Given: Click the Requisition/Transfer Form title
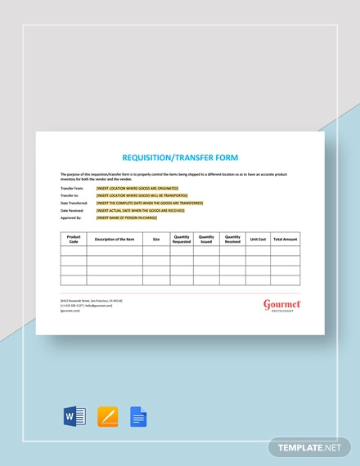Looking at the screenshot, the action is (x=179, y=158).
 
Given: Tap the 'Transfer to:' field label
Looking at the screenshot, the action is (x=72, y=195).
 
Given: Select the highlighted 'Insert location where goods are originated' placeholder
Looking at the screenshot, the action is (x=141, y=188).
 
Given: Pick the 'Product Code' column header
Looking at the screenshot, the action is (x=74, y=240).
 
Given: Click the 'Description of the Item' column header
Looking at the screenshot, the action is (x=115, y=240).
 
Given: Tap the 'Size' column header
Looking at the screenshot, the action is (x=155, y=240).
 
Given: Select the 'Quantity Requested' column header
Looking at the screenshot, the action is (x=181, y=240).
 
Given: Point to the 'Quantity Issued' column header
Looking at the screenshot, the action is (x=206, y=240).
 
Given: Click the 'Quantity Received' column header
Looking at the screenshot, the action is (x=232, y=240).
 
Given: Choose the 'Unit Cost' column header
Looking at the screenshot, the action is (x=258, y=240).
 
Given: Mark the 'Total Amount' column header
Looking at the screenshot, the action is (x=285, y=240).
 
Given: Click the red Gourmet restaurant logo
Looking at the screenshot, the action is (x=281, y=306).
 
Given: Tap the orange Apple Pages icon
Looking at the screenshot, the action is (x=107, y=417).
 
